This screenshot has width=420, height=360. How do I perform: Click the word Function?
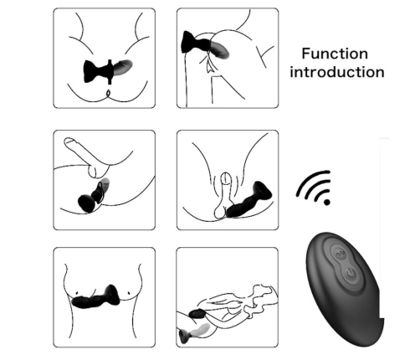coord(335,54)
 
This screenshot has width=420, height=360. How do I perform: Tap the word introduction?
coord(336,71)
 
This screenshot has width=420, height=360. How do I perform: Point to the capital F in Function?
coord(306,54)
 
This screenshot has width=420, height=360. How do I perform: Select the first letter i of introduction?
coord(292,71)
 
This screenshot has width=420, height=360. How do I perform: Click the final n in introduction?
coord(379,72)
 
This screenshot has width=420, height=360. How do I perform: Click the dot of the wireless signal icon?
coord(326,202)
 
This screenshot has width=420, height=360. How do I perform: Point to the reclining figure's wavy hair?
coord(267,294)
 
